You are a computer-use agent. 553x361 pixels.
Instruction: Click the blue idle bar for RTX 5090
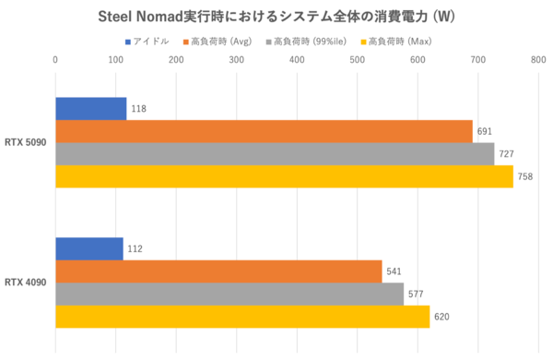pos(90,108)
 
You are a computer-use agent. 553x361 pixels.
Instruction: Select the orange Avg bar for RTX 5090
pos(264,131)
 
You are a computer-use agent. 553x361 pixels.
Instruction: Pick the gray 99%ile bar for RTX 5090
pos(275,154)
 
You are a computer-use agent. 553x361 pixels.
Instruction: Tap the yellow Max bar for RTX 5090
pos(284,176)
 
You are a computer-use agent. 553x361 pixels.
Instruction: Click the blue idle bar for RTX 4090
pos(88,248)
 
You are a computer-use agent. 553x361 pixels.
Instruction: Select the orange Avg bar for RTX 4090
pos(218,271)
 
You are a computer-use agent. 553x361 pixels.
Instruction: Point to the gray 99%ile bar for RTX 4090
pos(229,295)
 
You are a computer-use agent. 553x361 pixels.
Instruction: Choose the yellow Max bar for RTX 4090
pos(242,317)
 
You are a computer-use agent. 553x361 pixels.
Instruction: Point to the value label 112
pos(135,249)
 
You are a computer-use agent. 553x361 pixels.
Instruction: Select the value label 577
pos(417,295)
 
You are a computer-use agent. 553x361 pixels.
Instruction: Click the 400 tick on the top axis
pos(297,60)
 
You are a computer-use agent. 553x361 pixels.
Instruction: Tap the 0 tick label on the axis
pos(56,60)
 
